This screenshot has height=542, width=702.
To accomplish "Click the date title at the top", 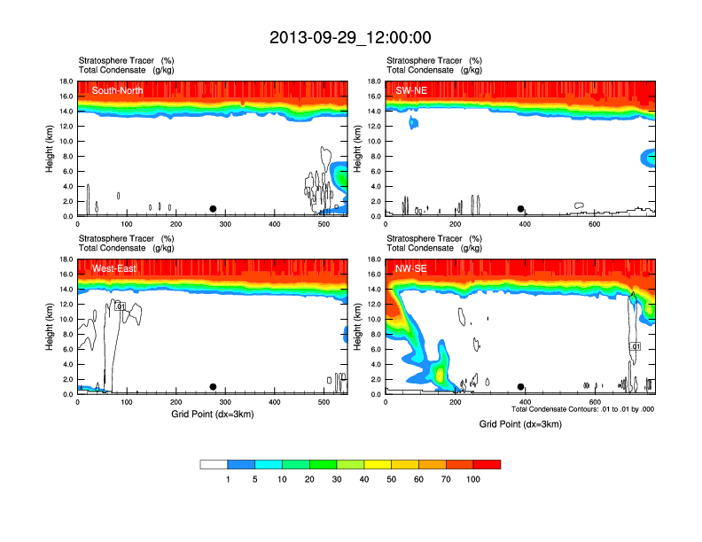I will (x=350, y=37).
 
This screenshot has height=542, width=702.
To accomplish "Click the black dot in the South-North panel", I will (x=213, y=209).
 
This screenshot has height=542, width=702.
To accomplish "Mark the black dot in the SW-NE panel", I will (x=521, y=209).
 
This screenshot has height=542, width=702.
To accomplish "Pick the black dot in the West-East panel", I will (x=213, y=387).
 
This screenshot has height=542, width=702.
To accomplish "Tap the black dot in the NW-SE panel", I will (x=521, y=387).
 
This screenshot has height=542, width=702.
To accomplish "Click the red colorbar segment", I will (x=487, y=464).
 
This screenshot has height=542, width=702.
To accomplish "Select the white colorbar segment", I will (x=214, y=464).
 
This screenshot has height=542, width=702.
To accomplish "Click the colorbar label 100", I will (x=473, y=479).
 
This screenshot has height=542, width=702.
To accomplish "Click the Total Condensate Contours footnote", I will (x=582, y=409).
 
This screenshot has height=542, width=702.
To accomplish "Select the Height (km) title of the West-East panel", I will (x=51, y=327).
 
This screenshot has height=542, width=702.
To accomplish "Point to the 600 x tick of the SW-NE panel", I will (x=594, y=225).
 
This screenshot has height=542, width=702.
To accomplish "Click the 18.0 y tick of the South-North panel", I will (x=66, y=81).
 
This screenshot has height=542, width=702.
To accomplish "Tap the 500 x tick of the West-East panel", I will (x=323, y=403).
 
